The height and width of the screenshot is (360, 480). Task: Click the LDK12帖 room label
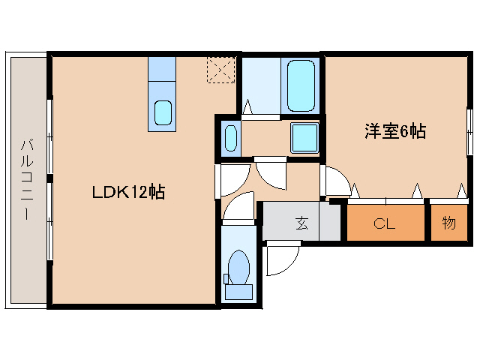128,191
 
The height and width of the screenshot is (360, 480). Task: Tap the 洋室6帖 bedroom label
395,132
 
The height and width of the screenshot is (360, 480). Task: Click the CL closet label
385,223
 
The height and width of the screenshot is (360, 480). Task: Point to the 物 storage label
448,223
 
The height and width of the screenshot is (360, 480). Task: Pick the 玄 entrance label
301,223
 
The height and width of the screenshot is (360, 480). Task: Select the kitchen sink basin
163,113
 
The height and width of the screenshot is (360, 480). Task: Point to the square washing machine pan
304,137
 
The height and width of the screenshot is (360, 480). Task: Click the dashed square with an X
220,70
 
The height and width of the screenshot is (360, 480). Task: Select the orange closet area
385,223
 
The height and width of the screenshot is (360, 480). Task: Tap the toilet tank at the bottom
239,292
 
